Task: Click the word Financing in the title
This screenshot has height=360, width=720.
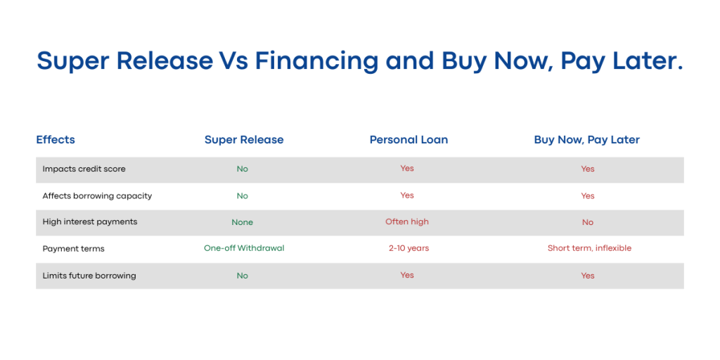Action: click(317, 61)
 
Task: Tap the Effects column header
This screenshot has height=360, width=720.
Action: click(56, 140)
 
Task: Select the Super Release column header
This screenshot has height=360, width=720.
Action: click(244, 140)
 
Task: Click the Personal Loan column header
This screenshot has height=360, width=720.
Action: click(409, 140)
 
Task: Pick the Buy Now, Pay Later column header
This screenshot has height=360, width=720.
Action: click(587, 140)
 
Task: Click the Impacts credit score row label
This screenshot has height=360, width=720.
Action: click(84, 169)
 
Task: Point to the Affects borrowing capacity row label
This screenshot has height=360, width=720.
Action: click(97, 196)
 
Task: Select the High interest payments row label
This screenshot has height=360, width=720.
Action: click(90, 221)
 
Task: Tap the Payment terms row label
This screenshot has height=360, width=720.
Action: click(73, 249)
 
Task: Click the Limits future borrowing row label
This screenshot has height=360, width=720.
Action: click(89, 276)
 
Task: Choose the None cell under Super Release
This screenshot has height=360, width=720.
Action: click(243, 222)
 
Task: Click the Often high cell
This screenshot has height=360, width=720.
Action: click(407, 221)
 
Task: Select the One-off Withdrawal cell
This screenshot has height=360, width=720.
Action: click(244, 248)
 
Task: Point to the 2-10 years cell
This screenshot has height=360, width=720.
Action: click(409, 248)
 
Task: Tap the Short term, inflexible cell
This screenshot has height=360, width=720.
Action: click(590, 248)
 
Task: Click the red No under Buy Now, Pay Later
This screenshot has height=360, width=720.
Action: click(588, 222)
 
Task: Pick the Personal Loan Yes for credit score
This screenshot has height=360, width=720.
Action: click(407, 168)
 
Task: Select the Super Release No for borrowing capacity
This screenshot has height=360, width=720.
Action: click(243, 196)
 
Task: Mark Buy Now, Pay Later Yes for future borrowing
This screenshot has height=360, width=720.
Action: click(588, 276)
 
